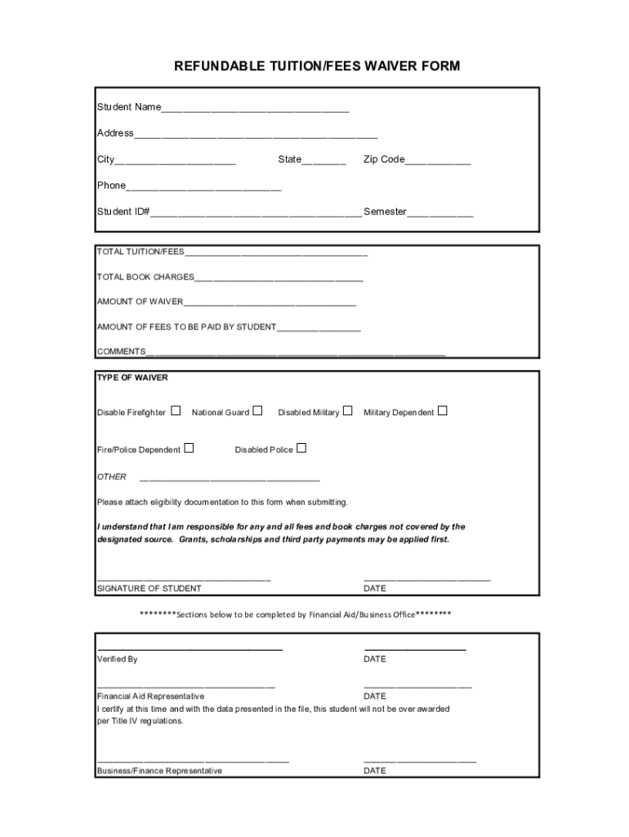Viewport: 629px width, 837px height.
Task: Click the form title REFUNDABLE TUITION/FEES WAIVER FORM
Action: [x=317, y=65]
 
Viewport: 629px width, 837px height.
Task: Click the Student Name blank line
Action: [x=255, y=108]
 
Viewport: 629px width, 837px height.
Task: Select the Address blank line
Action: [x=256, y=134]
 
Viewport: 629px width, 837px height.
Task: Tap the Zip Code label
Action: [x=384, y=159]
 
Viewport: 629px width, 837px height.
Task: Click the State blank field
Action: [x=324, y=160]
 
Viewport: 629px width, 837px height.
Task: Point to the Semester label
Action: [x=385, y=212]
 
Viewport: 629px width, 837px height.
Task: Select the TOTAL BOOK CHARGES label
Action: [x=145, y=277]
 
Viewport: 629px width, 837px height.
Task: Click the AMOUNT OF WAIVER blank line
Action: [x=270, y=302]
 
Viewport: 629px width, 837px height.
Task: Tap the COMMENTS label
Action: [x=121, y=351]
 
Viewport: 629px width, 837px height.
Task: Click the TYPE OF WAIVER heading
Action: [x=132, y=378]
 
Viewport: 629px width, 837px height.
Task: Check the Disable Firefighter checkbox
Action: [x=176, y=411]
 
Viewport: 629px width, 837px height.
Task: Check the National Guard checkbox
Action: [x=257, y=411]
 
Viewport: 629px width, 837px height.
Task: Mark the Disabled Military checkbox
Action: [x=347, y=411]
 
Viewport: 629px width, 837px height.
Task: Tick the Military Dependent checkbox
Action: [x=442, y=411]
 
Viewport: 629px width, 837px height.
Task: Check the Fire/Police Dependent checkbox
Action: [x=189, y=448]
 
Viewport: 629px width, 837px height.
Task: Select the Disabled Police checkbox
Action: [x=301, y=448]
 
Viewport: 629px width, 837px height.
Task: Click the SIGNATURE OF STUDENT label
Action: [x=149, y=589]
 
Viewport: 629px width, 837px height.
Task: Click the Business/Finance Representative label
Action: [x=159, y=771]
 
